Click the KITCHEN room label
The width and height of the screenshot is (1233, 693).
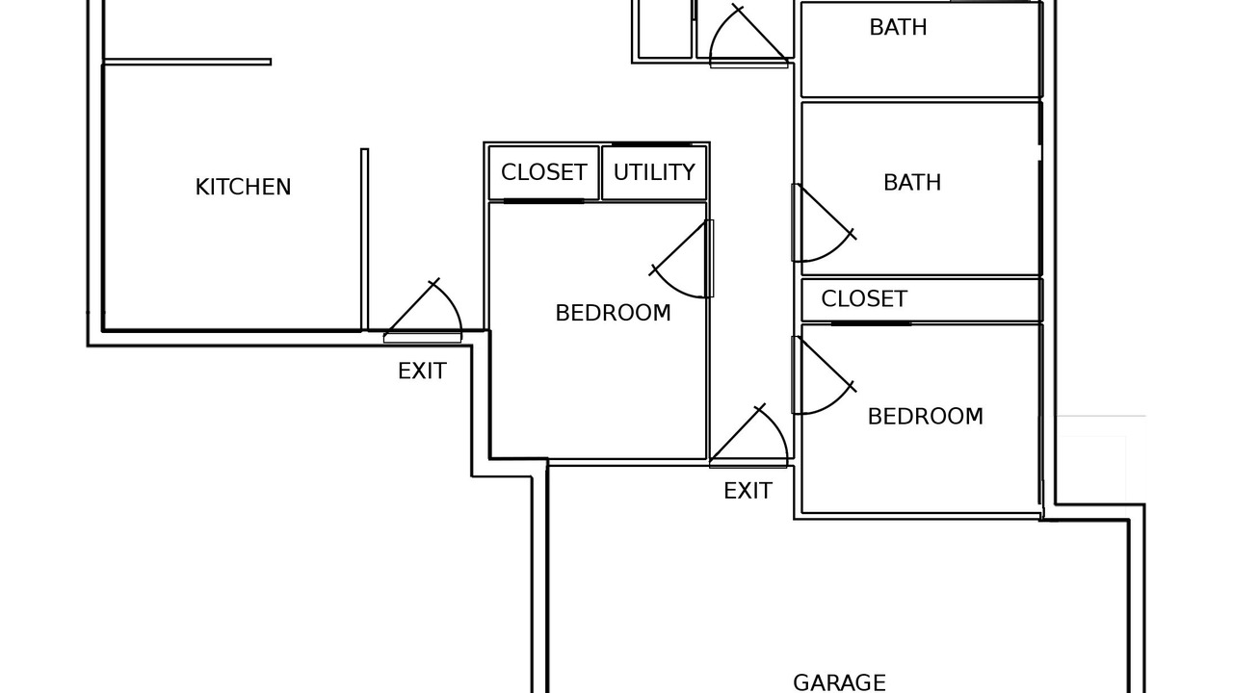point(243,187)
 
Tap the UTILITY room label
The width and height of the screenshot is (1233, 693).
point(654,172)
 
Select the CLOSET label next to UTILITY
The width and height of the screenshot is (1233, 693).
point(543,172)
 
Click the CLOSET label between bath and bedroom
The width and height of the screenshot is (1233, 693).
point(864,299)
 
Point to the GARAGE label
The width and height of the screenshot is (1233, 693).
point(839,682)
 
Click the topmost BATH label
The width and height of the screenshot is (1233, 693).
point(898,28)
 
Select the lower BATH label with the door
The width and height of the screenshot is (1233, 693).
point(911,183)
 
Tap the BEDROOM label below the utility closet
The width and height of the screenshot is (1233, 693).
point(613,313)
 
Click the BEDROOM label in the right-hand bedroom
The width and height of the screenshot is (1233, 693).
point(925,417)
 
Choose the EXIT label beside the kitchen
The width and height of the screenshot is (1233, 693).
point(422,372)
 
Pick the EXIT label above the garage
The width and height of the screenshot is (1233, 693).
point(748,491)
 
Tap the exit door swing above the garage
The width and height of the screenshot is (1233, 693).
point(754,439)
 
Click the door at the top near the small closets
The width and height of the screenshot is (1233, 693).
point(747,38)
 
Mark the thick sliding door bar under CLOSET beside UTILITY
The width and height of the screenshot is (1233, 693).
point(543,201)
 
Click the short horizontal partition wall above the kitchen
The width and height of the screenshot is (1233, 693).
point(187,62)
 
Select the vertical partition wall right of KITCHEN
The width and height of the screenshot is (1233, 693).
point(364,239)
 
